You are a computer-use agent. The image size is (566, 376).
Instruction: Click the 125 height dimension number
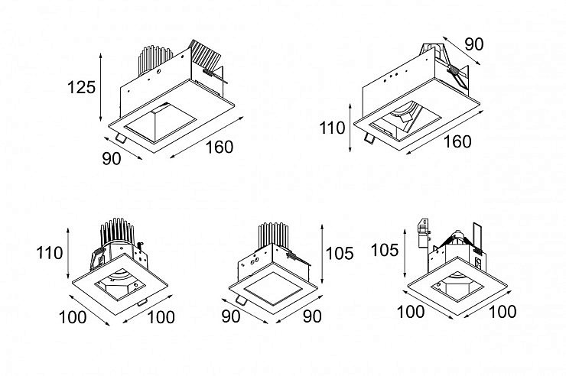[82, 87]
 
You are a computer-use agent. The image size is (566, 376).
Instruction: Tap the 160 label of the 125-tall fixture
[220, 147]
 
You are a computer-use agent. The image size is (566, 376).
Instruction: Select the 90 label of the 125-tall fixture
[112, 159]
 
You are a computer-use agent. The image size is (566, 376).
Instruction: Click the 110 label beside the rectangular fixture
[332, 128]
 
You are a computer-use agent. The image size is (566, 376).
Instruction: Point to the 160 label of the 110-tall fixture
[457, 141]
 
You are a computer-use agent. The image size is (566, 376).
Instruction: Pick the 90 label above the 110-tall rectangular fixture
[474, 44]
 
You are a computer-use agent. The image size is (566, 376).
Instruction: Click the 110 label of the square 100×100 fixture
[50, 253]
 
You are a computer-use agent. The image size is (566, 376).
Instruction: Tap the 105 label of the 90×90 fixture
[340, 254]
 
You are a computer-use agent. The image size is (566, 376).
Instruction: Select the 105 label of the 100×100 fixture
[385, 250]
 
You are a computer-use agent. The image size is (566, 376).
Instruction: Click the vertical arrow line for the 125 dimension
[101, 87]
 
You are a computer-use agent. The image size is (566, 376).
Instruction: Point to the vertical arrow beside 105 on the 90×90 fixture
[322, 254]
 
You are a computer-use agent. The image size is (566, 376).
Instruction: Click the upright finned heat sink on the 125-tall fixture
[155, 60]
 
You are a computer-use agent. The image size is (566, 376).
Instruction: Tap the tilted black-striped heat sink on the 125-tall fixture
[205, 57]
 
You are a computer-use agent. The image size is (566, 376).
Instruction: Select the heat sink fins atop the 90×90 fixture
[274, 235]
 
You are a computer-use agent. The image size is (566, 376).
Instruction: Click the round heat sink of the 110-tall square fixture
[118, 233]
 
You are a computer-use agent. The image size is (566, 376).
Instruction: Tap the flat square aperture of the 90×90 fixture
[273, 287]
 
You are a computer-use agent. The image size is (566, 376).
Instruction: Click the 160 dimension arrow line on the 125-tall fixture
[207, 138]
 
